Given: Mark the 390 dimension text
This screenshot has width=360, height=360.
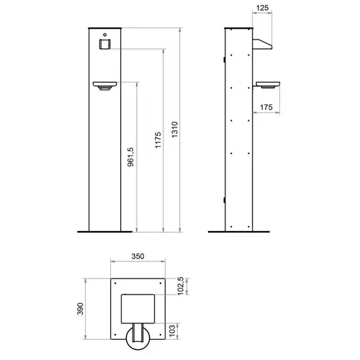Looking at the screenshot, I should pyautogui.click(x=81, y=310).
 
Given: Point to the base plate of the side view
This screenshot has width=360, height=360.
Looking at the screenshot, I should pyautogui.click(x=240, y=231).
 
